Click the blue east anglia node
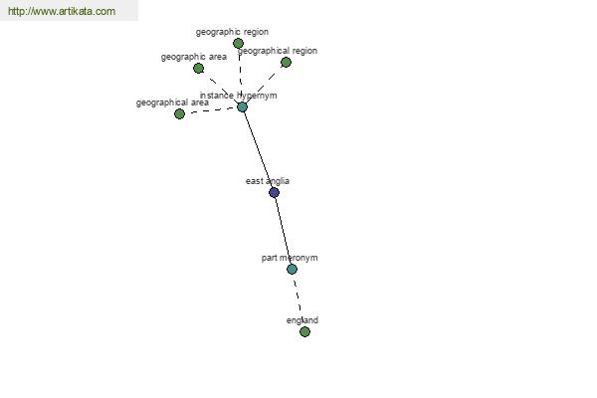pyautogui.click(x=275, y=192)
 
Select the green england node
pyautogui.click(x=304, y=331)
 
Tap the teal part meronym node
pyautogui.click(x=292, y=270)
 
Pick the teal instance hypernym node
pyautogui.click(x=242, y=107)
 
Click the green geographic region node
pyautogui.click(x=238, y=44)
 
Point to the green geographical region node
pyautogui.click(x=286, y=63)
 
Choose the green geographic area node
pyautogui.click(x=198, y=69)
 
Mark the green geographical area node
pyautogui.click(x=179, y=113)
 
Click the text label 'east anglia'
pyautogui.click(x=268, y=181)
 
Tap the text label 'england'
pyautogui.click(x=302, y=320)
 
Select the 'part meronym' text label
pyautogui.click(x=290, y=258)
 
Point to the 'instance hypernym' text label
pyautogui.click(x=239, y=96)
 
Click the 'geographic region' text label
pyautogui.click(x=232, y=32)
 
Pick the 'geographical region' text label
pyautogui.click(x=278, y=51)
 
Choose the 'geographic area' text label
pyautogui.click(x=194, y=57)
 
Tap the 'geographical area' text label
pyautogui.click(x=172, y=102)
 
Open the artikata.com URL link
pyautogui.click(x=62, y=11)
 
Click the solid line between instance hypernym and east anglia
pyautogui.click(x=258, y=149)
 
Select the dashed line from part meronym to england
pyautogui.click(x=298, y=300)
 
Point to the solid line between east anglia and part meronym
pyautogui.click(x=283, y=231)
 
